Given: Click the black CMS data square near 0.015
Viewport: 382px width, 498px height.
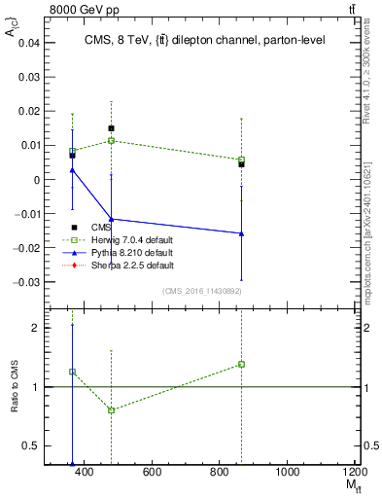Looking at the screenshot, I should coord(111,128).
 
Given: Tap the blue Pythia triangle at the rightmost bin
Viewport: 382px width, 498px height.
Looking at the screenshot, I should coord(241,233).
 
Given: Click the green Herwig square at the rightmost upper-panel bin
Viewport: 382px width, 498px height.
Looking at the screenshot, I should coord(241,160).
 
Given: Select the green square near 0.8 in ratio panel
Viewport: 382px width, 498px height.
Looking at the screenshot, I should coord(111,410).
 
